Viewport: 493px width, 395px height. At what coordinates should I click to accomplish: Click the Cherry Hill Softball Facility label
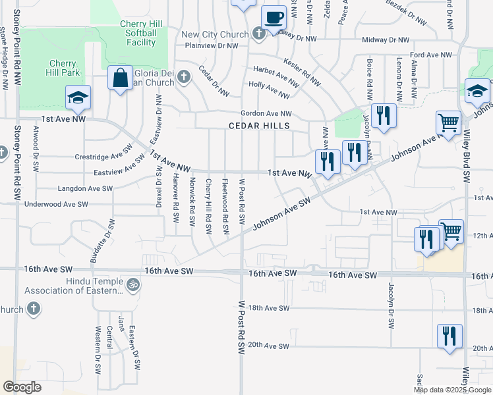[138, 34]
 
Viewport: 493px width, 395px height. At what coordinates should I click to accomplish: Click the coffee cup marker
[274, 17]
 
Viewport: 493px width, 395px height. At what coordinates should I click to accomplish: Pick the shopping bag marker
[120, 78]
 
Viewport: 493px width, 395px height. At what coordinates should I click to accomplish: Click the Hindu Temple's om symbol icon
[133, 285]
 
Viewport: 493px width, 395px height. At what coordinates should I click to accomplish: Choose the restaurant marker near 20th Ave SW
[449, 336]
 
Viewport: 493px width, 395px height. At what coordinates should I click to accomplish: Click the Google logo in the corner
[22, 387]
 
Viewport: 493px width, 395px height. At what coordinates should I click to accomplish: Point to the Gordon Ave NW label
[266, 113]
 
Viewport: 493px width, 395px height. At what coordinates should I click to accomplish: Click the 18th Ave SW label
[269, 308]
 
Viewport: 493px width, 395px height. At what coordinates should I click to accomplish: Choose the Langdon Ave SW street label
[84, 188]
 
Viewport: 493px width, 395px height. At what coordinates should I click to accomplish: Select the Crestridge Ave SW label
[99, 157]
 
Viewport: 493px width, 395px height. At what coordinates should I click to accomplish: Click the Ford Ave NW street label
[430, 55]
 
